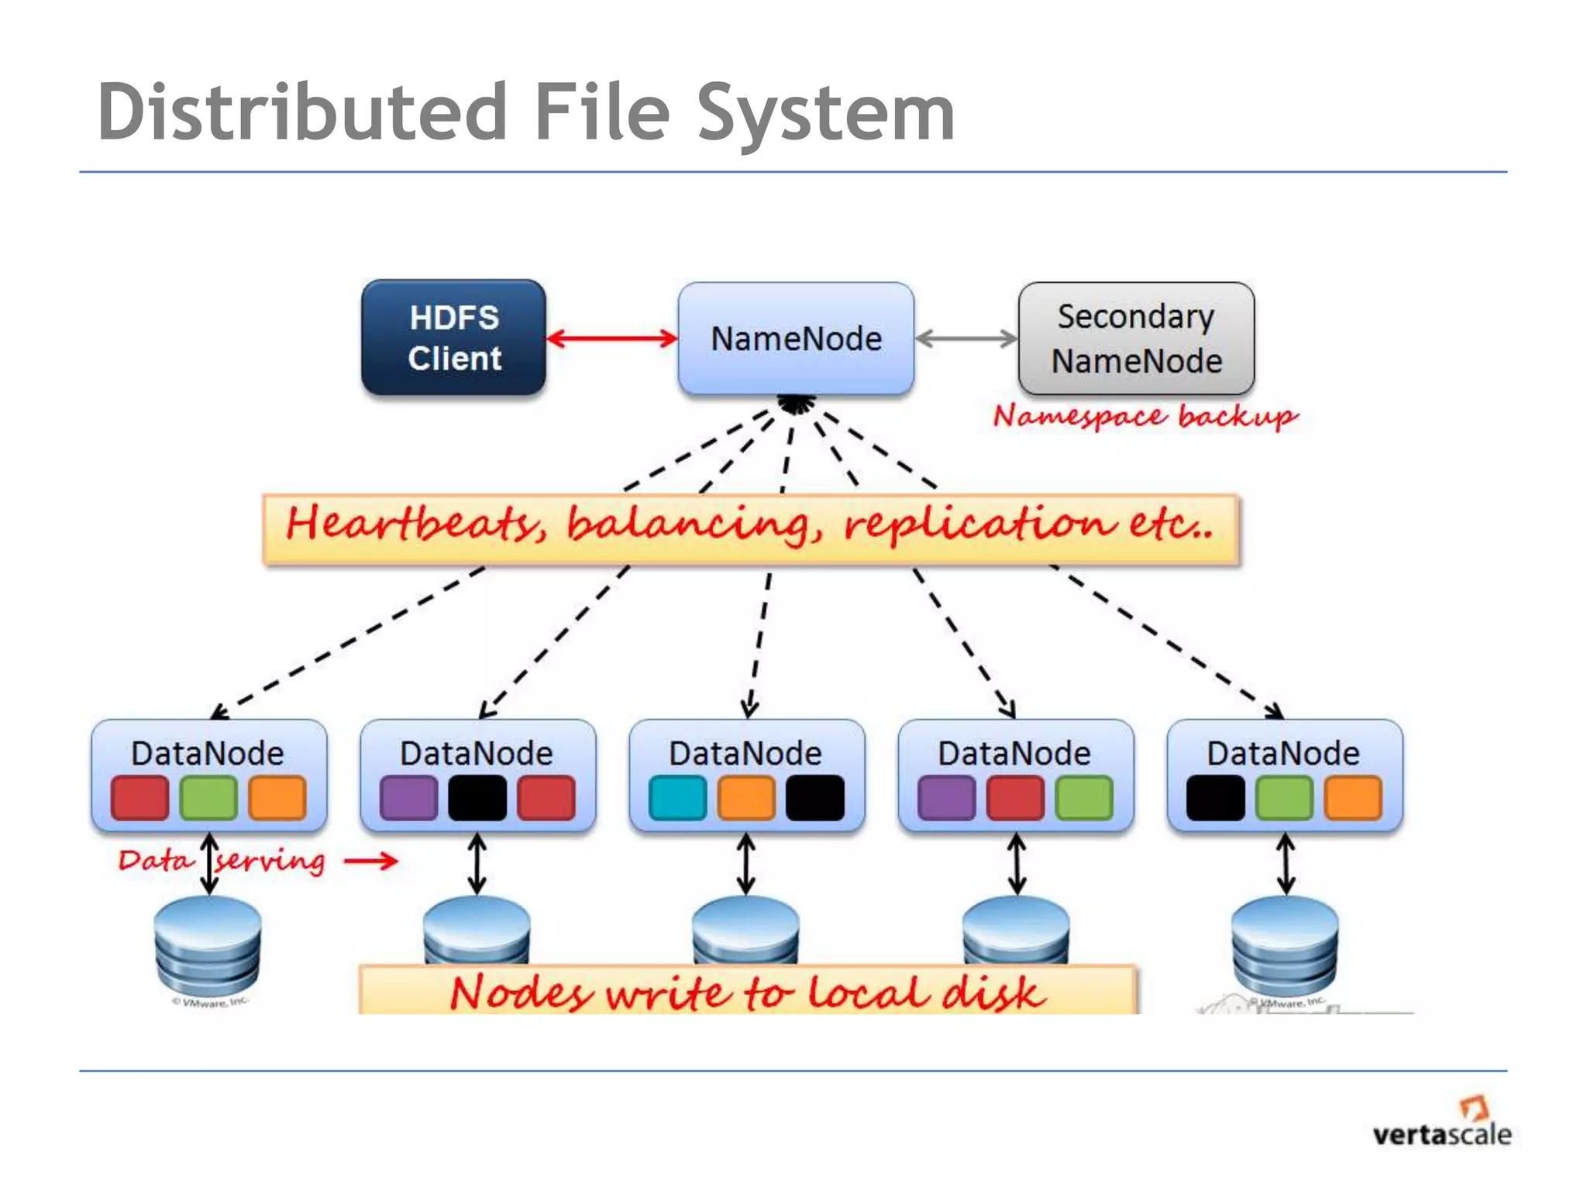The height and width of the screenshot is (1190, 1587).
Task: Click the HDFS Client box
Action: [x=453, y=338]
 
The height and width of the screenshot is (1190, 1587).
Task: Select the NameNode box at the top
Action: [x=796, y=339]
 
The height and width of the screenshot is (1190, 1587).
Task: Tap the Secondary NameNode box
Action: [x=1136, y=339]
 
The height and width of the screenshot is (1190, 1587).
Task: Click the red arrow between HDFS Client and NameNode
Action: [x=611, y=339]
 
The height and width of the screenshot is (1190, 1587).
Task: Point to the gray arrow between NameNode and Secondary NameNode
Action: [x=966, y=339]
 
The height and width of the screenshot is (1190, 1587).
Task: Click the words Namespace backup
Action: [x=1145, y=417]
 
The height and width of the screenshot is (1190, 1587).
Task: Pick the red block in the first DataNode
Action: [x=140, y=798]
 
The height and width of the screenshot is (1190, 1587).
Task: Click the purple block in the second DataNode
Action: [x=408, y=798]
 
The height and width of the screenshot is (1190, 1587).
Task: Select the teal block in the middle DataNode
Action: [x=678, y=798]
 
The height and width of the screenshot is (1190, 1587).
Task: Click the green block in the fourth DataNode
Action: [x=1084, y=798]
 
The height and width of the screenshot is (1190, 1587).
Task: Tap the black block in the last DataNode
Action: [x=1215, y=798]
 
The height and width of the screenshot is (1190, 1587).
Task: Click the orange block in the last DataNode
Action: [x=1353, y=798]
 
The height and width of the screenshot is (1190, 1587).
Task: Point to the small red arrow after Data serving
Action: [x=371, y=860]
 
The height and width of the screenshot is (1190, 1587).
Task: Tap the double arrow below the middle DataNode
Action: [x=745, y=864]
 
